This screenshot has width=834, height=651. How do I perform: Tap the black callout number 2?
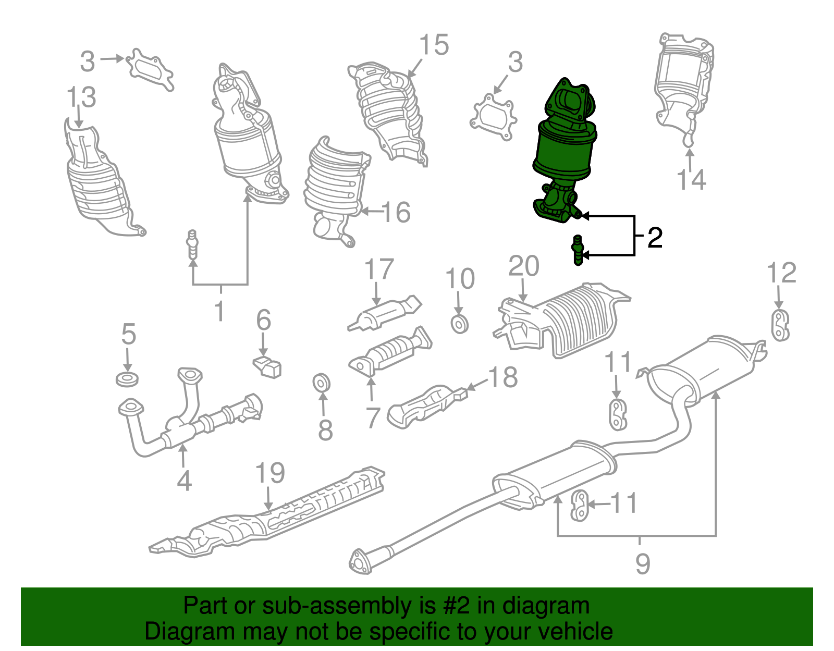[x=655, y=238]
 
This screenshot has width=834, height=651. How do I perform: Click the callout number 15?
[x=434, y=45]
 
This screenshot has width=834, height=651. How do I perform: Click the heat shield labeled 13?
[x=99, y=182]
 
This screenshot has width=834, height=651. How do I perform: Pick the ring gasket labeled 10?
[x=459, y=324]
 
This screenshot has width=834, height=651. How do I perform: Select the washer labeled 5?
[x=127, y=378]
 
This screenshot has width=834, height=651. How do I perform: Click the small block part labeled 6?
[x=268, y=367]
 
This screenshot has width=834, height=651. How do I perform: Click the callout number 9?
[x=643, y=563]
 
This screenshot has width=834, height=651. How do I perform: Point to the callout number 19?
[x=270, y=473]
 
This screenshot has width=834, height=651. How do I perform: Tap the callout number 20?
[x=523, y=266]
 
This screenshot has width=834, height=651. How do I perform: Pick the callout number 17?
[x=379, y=269]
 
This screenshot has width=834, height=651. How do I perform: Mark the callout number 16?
[x=396, y=212]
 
